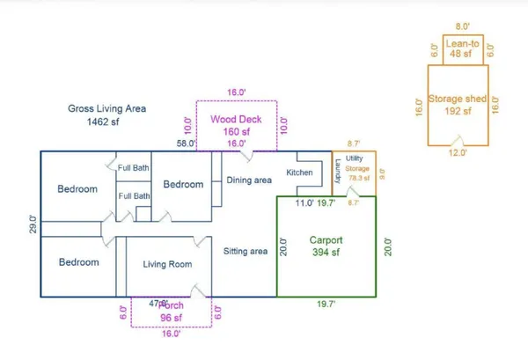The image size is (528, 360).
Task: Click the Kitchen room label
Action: pos(300,173)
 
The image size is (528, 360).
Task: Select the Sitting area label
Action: pos(246,252)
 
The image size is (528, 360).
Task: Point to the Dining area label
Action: pos(249,180)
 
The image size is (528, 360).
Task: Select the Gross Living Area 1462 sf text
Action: pos(106,115)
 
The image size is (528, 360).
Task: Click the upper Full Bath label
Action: pos(135,168)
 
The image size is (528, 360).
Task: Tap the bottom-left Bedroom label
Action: pos(77,262)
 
